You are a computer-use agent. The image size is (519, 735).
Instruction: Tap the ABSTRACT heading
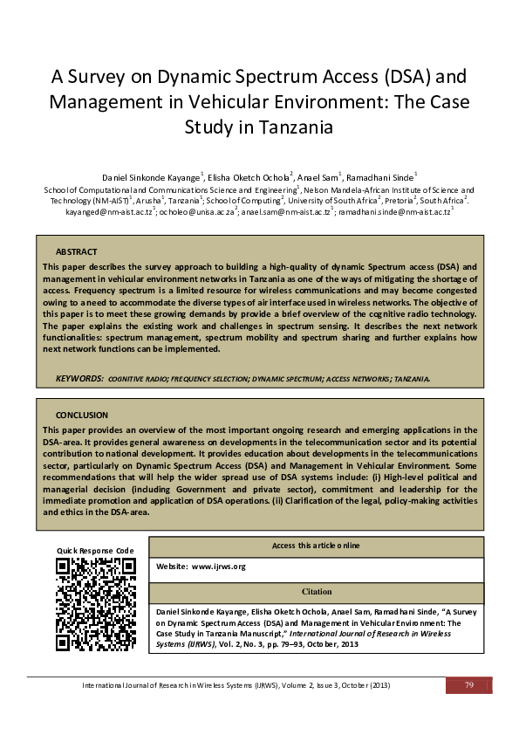tap(76, 251)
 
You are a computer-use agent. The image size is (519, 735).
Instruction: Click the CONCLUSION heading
tap(81, 416)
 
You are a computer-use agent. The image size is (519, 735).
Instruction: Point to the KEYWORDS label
tap(79, 380)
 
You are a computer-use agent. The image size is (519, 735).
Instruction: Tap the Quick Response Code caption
tap(95, 550)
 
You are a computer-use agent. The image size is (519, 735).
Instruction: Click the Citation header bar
tap(317, 592)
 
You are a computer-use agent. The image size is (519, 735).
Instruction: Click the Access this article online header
tap(317, 546)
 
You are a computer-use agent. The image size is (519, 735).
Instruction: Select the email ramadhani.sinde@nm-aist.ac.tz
tap(394, 212)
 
